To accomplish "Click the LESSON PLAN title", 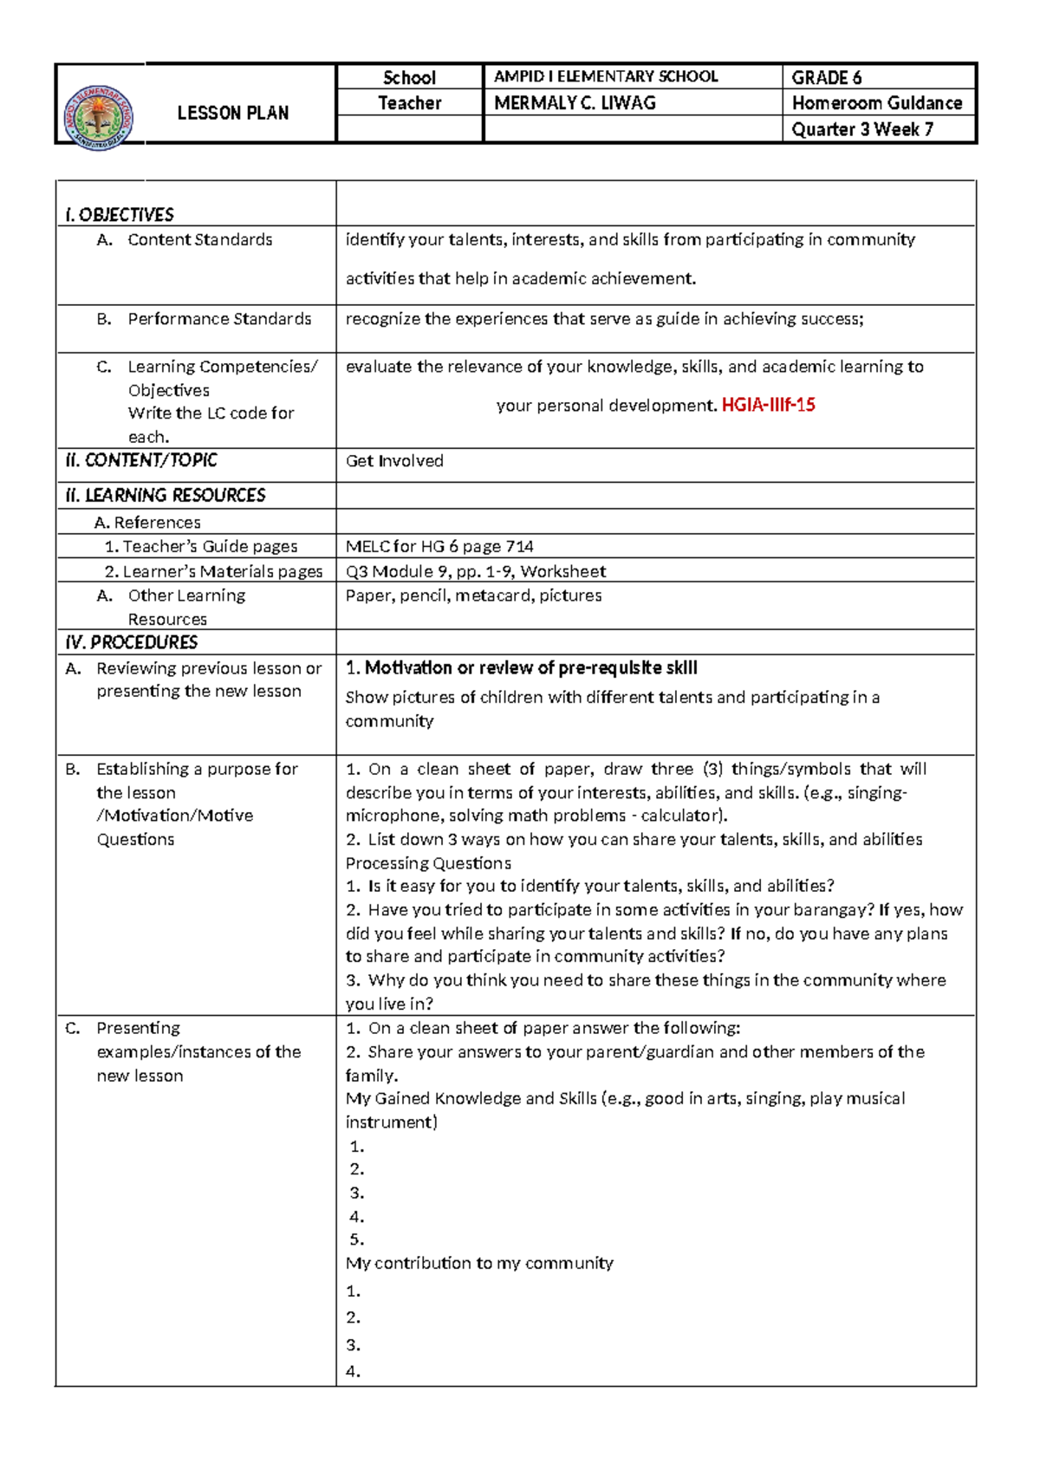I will click(232, 113).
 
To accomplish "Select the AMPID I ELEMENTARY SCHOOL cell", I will click(606, 76).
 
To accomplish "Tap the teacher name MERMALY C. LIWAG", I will click(575, 103).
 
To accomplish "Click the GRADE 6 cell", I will click(826, 77).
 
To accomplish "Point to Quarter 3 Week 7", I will click(861, 129).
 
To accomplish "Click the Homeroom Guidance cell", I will click(876, 103).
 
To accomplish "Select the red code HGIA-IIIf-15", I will click(768, 405).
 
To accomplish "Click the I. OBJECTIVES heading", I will click(120, 214).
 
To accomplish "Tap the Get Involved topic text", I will click(394, 461).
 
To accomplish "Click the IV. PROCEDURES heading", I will click(132, 642).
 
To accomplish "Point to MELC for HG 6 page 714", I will click(439, 547).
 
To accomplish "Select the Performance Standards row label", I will click(219, 319).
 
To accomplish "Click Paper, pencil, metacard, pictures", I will click(473, 595).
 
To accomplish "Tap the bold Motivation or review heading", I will click(522, 667).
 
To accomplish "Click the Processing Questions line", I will click(428, 863).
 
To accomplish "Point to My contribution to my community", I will click(479, 1263).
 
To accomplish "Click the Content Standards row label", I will click(199, 240).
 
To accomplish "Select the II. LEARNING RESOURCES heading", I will click(166, 495).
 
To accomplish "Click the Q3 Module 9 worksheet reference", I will click(476, 571).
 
